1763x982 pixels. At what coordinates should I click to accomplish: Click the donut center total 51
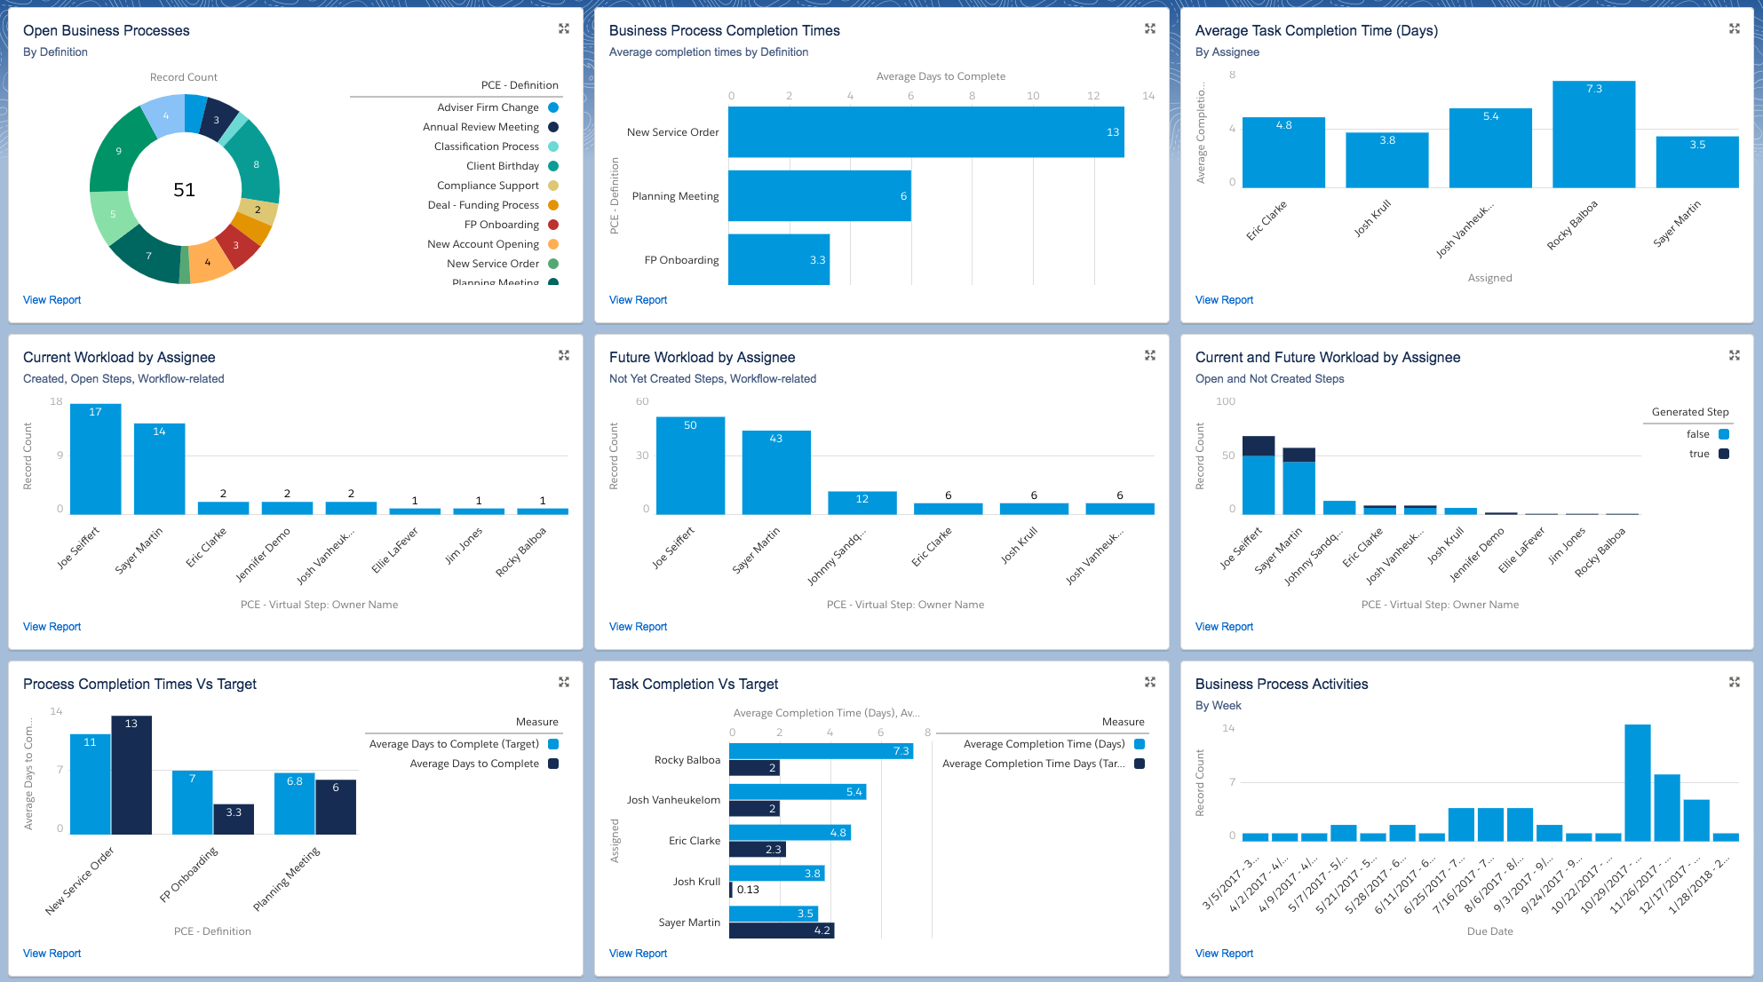coord(184,190)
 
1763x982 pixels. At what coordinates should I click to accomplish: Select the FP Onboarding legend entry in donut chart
coord(502,225)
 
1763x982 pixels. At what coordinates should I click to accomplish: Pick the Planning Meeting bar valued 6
coord(819,196)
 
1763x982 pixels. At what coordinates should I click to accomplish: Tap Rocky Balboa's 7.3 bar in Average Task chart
coord(1593,134)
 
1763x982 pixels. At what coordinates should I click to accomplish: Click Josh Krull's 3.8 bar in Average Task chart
coord(1386,160)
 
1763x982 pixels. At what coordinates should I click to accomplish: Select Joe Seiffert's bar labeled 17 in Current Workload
coord(95,459)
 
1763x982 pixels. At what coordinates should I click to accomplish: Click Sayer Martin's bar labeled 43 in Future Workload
coord(775,472)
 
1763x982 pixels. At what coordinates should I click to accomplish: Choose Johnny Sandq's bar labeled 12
coord(862,503)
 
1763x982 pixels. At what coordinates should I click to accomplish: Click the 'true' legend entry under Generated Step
coord(1699,454)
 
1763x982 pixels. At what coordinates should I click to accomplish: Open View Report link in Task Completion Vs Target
coord(638,954)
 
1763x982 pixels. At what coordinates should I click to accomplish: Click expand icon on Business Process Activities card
coord(1734,682)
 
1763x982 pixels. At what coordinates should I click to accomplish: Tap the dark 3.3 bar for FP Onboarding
coord(234,819)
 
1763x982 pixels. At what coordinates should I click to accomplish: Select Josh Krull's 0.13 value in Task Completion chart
coord(748,890)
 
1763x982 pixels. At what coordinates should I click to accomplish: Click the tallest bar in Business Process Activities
coord(1637,782)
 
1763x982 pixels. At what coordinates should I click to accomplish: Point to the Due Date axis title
coord(1489,931)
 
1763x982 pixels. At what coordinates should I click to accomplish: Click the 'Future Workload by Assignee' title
coord(702,357)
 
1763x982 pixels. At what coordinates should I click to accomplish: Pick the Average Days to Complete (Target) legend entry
coord(454,744)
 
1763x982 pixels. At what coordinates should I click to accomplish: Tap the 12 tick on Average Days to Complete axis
coord(1093,96)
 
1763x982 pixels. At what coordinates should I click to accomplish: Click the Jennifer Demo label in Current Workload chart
coord(263,555)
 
